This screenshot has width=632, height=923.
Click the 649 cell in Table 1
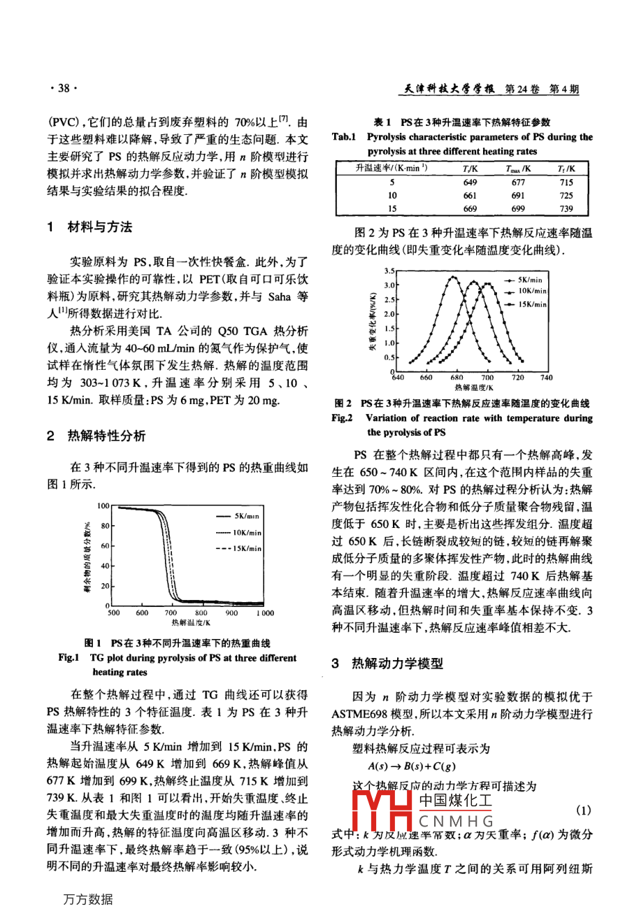coord(470,183)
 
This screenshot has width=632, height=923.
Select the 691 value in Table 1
coord(518,196)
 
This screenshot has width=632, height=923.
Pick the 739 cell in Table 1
coord(566,208)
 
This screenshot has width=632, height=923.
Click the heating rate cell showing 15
coord(392,208)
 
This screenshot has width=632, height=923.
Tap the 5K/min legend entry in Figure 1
coord(247,516)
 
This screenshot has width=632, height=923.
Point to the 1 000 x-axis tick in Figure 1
coord(265,613)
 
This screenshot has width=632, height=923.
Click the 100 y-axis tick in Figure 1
coord(103,506)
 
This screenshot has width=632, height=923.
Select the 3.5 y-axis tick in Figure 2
coord(389,271)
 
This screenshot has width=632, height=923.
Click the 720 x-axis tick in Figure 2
coord(517,378)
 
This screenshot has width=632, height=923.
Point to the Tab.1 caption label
coord(343,137)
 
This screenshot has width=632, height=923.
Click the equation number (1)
coord(583,810)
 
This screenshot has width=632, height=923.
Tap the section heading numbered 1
coord(89,227)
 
